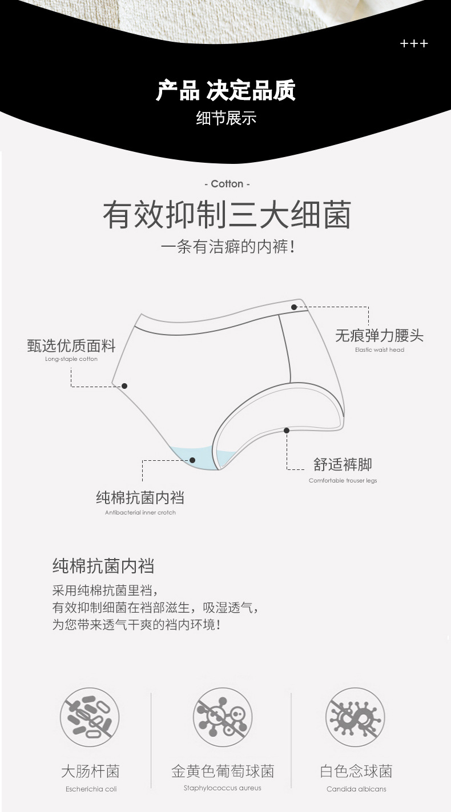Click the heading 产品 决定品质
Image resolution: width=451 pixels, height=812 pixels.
click(226, 91)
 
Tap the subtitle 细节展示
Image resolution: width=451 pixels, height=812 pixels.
click(226, 118)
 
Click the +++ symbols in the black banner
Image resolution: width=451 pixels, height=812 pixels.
click(414, 44)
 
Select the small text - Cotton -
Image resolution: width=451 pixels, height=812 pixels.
click(227, 184)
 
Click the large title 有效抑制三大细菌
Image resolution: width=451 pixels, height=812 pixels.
click(227, 215)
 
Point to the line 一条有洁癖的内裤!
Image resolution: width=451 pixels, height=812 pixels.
click(227, 247)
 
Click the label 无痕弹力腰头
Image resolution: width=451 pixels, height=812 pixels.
click(379, 335)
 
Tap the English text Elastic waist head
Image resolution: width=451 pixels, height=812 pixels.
click(379, 349)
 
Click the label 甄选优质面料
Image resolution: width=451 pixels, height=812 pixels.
click(71, 345)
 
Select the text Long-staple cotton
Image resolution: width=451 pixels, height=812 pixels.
click(71, 359)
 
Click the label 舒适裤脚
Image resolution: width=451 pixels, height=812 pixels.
click(343, 464)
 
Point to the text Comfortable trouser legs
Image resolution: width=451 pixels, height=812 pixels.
click(343, 481)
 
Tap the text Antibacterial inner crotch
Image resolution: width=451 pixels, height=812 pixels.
click(140, 512)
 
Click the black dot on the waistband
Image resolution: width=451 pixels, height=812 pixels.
click(294, 307)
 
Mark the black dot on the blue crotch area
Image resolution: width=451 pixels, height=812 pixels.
click(192, 460)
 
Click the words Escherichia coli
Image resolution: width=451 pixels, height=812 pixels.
click(91, 789)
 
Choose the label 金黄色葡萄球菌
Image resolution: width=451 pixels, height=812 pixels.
click(223, 771)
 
